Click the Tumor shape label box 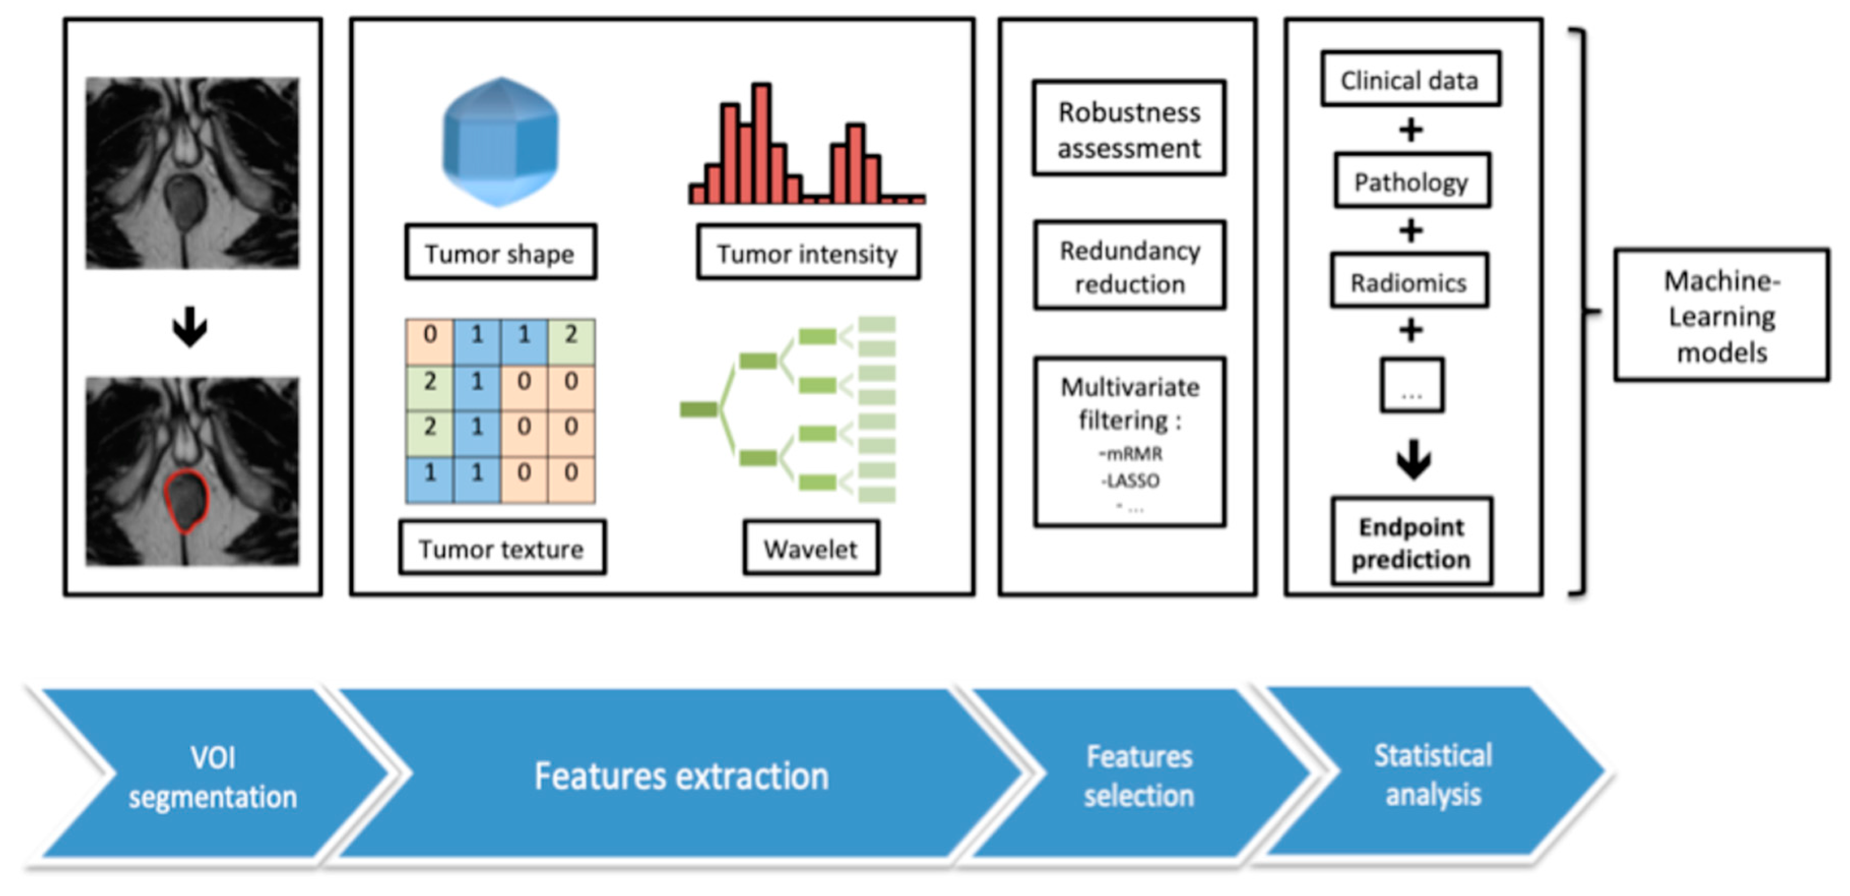point(501,252)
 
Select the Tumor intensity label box point(807,252)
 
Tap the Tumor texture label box point(502,548)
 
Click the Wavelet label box point(811,548)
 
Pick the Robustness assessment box point(1129,129)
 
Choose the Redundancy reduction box point(1130,266)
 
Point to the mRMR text point(1131,454)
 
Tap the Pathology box point(1412,181)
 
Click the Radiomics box point(1409,282)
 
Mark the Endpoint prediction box point(1412,542)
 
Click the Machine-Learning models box point(1722,315)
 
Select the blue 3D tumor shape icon point(501,142)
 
